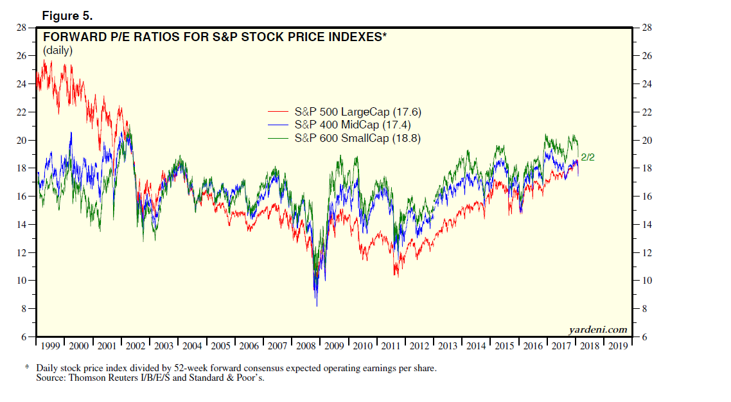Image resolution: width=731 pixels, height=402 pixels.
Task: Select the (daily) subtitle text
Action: [58, 50]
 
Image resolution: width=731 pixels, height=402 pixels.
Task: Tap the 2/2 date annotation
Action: [588, 157]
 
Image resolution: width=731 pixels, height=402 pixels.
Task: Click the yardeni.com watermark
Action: [598, 329]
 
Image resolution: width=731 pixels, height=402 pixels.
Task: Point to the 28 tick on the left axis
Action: [22, 28]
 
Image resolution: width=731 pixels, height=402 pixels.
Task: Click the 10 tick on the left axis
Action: [22, 281]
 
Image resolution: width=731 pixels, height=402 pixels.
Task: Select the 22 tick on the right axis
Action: [643, 112]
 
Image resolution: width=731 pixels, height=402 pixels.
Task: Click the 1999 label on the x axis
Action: [50, 345]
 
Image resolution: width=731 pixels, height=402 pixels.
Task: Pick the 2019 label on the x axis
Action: [619, 345]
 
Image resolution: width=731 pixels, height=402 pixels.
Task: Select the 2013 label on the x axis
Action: [448, 345]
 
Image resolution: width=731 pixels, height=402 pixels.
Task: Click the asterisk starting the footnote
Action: [27, 369]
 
